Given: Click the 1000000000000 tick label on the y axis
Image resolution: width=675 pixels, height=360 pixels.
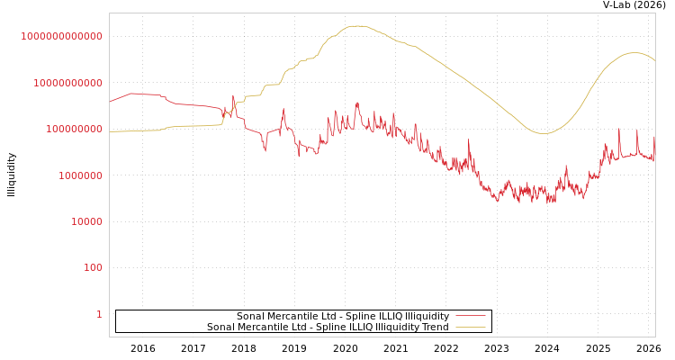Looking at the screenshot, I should point(62,37).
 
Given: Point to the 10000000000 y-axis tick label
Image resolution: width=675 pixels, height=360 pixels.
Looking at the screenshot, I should point(67,83).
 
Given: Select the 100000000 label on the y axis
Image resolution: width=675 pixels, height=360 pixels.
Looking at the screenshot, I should point(73,130).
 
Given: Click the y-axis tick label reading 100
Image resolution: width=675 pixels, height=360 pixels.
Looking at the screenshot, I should point(94,268).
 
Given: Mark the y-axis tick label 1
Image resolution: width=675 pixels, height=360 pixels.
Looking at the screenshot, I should point(99,314).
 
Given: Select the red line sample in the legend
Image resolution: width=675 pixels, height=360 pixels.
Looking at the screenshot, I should point(470,316).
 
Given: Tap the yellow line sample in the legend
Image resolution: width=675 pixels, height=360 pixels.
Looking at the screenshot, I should point(470,327).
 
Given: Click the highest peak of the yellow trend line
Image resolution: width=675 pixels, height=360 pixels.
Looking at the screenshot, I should point(357,26).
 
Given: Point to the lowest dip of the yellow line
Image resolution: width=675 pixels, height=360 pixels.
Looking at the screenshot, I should point(544,133).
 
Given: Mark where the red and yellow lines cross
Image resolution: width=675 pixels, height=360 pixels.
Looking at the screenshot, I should point(225,111).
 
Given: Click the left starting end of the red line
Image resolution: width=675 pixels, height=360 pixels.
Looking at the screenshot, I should point(110,102).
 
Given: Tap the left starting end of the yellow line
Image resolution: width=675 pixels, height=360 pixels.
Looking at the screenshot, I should point(110,131).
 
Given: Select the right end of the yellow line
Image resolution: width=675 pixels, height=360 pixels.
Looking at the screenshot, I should point(654,60).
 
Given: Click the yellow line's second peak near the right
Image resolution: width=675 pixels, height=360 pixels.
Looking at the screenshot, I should point(634,52).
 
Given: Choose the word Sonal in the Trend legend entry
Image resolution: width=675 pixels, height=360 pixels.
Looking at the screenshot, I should point(221,327).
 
